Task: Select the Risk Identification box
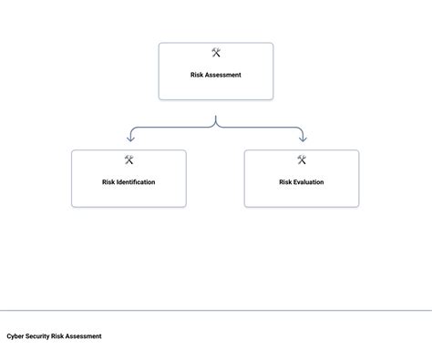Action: [x=129, y=193]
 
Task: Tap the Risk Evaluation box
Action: [x=301, y=193]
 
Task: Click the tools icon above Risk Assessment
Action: [x=216, y=53]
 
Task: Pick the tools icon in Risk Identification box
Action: [x=129, y=160]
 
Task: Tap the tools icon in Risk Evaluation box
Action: [x=302, y=160]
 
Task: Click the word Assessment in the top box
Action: [x=224, y=75]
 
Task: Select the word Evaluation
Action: [x=308, y=182]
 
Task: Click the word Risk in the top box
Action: [x=198, y=75]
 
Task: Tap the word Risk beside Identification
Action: [x=108, y=182]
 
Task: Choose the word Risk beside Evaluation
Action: [x=285, y=182]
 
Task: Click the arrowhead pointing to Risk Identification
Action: [x=129, y=139]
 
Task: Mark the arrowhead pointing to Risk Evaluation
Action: [x=302, y=139]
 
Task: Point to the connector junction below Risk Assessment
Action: [x=216, y=126]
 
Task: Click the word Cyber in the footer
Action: [x=15, y=336]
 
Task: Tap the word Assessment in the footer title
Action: [x=84, y=336]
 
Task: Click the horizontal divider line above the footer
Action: [x=216, y=311]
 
